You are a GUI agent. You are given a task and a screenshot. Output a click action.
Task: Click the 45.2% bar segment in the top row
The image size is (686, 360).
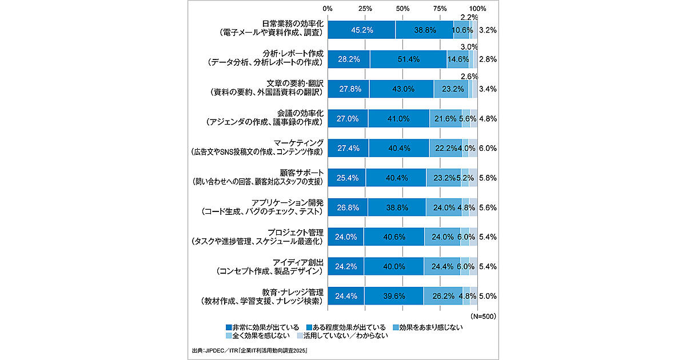[x=361, y=30]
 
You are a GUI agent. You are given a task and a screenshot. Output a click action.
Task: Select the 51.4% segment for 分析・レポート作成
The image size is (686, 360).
[x=408, y=59]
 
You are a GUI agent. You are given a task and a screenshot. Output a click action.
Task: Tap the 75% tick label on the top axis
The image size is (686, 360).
[x=440, y=9]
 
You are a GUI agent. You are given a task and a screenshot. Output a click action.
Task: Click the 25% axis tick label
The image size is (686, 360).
[x=365, y=9]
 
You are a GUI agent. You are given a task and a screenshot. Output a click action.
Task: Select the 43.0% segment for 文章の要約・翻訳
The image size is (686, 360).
[x=401, y=89]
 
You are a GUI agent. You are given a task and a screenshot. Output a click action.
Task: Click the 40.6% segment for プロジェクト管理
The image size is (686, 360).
[x=394, y=237]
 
